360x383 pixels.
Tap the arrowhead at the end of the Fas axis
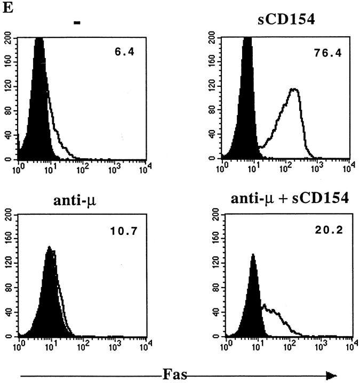(x=332, y=375)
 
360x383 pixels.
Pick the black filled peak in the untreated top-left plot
(x=38, y=107)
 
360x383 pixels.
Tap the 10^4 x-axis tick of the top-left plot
(x=142, y=170)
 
